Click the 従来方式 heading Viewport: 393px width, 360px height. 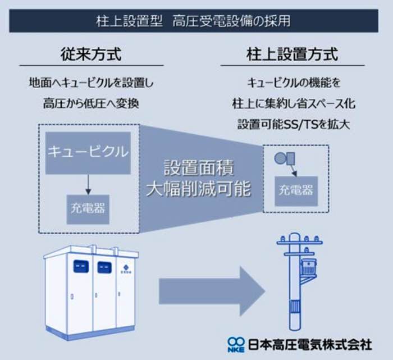[x=91, y=54]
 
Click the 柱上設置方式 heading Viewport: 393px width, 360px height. [x=293, y=54]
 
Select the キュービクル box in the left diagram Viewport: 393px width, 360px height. [x=88, y=153]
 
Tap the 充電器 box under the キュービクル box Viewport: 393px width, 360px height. [x=88, y=209]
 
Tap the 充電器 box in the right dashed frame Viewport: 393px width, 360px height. [x=296, y=191]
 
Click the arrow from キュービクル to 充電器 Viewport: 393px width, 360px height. [x=88, y=184]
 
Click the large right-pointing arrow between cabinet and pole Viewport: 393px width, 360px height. [x=212, y=291]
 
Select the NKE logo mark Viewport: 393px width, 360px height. [x=236, y=345]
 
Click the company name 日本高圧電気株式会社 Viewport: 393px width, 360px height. [x=310, y=345]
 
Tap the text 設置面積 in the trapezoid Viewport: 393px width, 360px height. [x=199, y=168]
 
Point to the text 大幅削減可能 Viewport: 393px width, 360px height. [x=199, y=189]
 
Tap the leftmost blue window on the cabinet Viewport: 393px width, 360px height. [x=81, y=266]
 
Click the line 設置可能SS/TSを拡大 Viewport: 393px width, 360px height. [x=294, y=124]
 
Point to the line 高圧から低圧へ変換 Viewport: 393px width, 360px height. [x=91, y=103]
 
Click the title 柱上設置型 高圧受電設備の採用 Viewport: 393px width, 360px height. [x=193, y=21]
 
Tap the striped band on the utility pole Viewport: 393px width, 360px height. [x=295, y=307]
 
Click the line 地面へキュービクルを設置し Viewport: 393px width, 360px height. [x=91, y=83]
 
